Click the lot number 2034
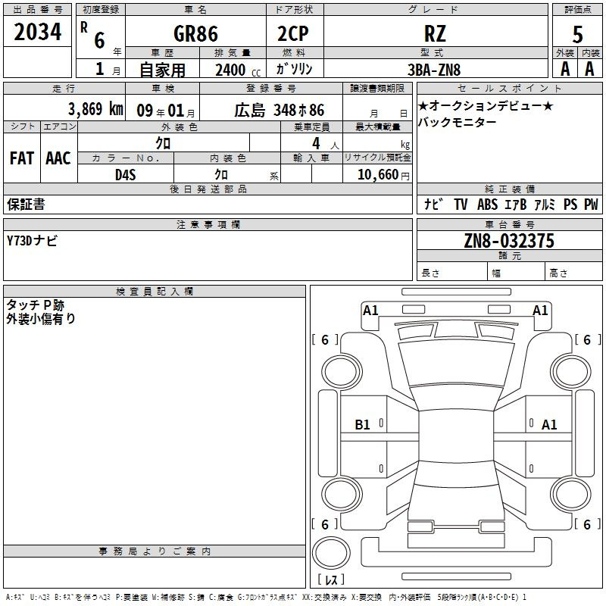37,32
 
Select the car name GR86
195,33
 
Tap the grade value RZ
435,33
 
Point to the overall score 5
577,34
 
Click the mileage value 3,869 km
95,109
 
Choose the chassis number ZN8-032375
509,241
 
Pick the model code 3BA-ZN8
434,70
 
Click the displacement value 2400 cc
238,70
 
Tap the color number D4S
126,175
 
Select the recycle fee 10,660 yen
383,175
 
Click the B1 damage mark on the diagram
362,425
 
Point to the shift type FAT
22,158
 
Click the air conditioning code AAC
58,158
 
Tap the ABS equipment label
487,205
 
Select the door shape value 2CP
293,33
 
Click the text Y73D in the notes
19,241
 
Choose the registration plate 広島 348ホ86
279,110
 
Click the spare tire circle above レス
331,553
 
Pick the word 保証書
26,204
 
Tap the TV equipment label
461,205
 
